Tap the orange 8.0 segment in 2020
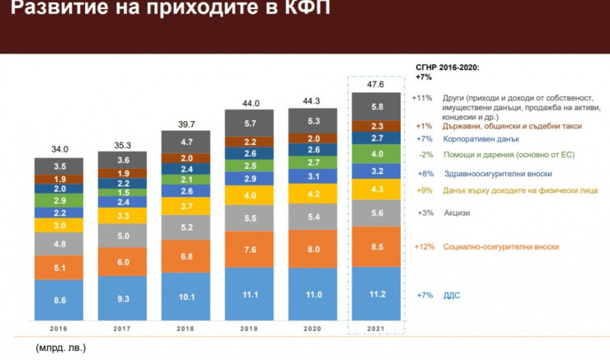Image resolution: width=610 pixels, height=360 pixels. pyautogui.click(x=312, y=248)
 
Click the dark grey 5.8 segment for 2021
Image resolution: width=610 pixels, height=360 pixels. pyautogui.click(x=377, y=107)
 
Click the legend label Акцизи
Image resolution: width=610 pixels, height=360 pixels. pyautogui.click(x=457, y=212)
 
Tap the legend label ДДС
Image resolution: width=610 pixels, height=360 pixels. pyautogui.click(x=453, y=294)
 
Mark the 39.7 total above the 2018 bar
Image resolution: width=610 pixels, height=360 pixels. pyautogui.click(x=185, y=124)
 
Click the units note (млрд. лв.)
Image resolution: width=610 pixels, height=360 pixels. pyautogui.click(x=60, y=348)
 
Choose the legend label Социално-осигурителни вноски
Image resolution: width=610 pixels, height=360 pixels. pyautogui.click(x=500, y=246)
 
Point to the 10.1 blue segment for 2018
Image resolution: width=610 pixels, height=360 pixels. pyautogui.click(x=185, y=297)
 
